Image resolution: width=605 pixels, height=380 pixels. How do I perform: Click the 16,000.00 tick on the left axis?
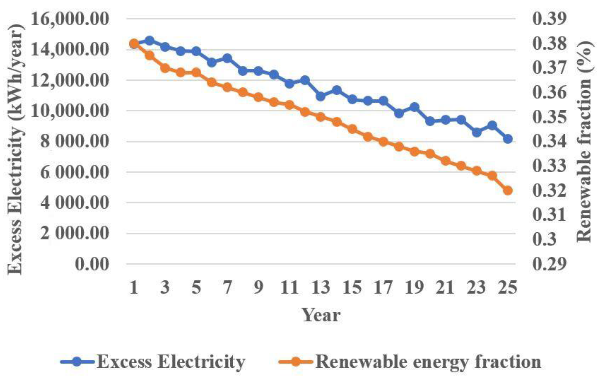[x=70, y=19]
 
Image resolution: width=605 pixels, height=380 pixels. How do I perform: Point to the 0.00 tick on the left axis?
[x=92, y=264]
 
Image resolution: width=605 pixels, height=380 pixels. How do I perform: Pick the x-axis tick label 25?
[x=508, y=287]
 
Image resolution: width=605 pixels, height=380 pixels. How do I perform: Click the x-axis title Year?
[x=321, y=315]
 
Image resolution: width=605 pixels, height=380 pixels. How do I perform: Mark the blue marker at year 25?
[x=508, y=139]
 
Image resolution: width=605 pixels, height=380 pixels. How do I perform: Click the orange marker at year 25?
[x=508, y=190]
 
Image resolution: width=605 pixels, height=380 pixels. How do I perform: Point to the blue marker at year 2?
[x=150, y=40]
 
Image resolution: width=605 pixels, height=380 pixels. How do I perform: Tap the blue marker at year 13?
[x=321, y=96]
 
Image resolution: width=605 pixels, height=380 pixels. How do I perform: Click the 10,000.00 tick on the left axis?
[x=70, y=111]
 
